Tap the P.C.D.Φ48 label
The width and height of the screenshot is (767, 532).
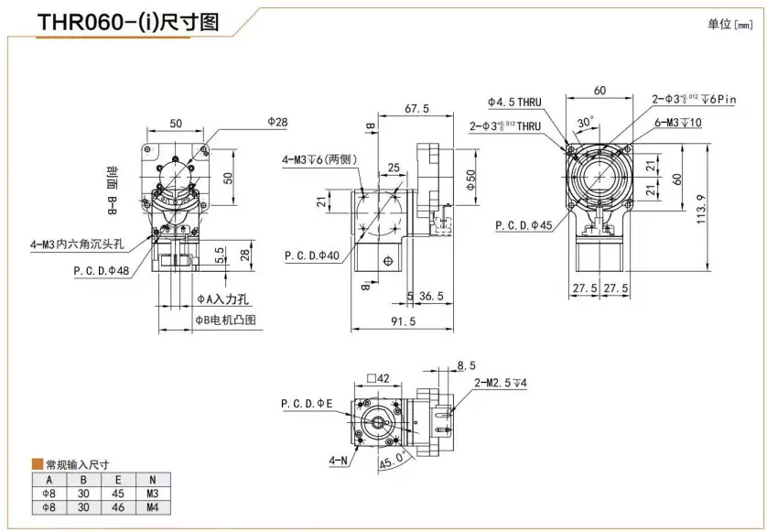click(103, 271)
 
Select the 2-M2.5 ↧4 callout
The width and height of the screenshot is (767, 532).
click(500, 384)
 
